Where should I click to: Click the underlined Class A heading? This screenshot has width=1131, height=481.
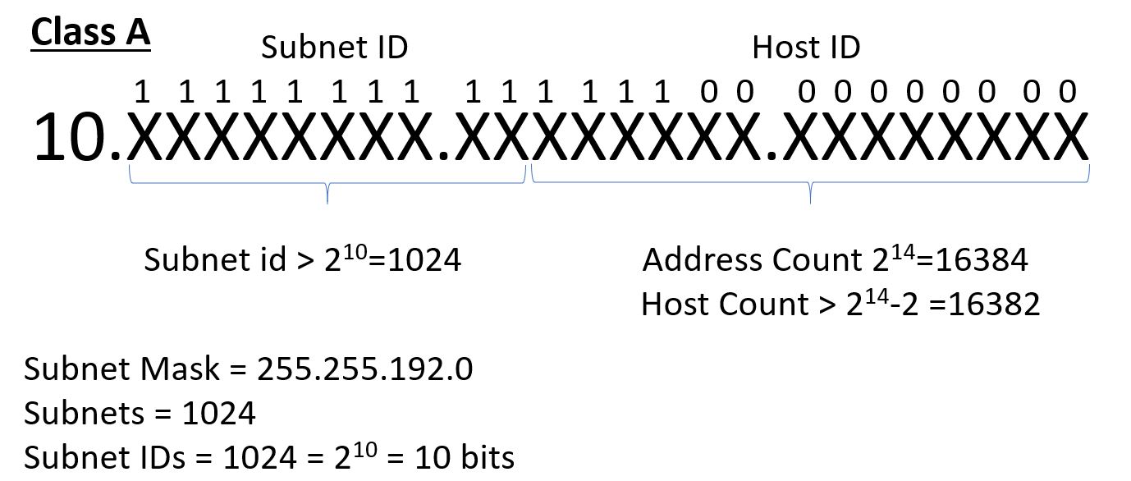click(90, 33)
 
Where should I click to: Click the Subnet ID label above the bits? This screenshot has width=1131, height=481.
click(334, 48)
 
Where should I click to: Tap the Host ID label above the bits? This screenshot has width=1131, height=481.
click(805, 48)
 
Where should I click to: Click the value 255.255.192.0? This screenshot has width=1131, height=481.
click(364, 369)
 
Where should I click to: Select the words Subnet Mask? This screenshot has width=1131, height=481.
click(121, 369)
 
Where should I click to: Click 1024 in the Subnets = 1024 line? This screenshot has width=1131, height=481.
click(218, 413)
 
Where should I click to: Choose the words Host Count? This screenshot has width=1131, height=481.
click(724, 305)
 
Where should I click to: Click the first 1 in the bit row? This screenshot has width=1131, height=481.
click(142, 91)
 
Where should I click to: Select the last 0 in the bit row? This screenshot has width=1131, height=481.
click(1067, 91)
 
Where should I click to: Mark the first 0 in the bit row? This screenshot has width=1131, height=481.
click(709, 91)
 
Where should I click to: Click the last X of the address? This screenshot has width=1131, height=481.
click(1069, 138)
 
